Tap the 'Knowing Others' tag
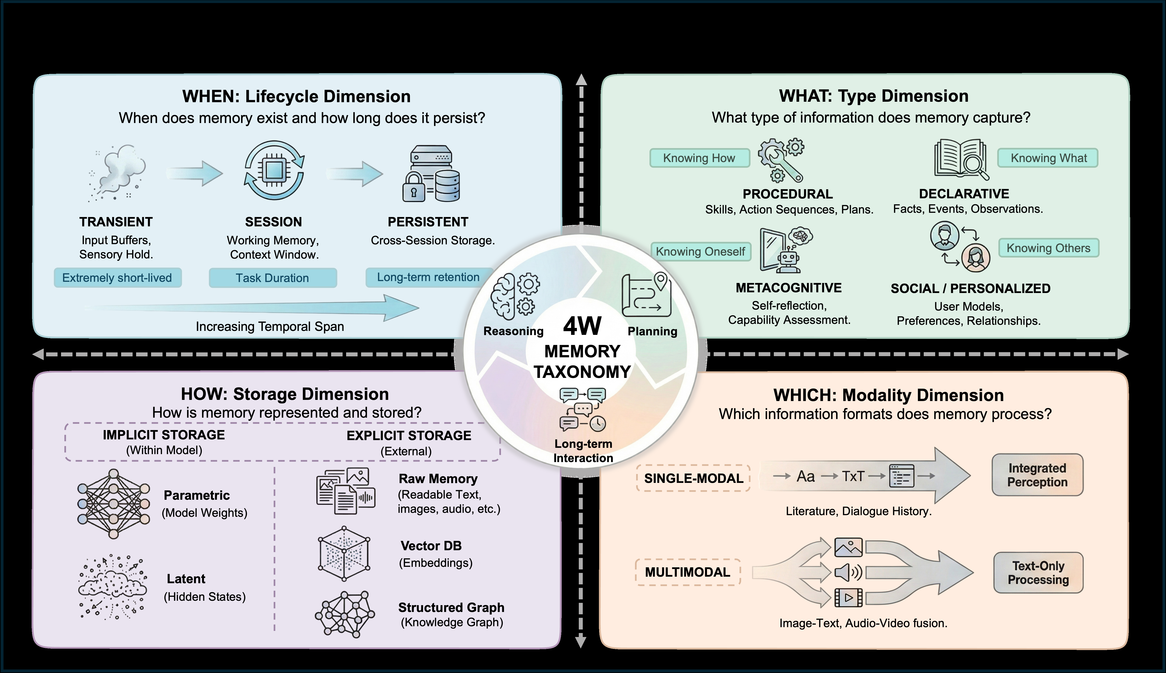pos(1048,248)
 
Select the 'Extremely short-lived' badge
pos(117,278)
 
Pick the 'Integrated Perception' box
pos(1037,475)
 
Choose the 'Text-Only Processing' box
pos(1038,573)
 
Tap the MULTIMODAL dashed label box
pos(688,572)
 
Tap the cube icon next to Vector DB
pos(344,553)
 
